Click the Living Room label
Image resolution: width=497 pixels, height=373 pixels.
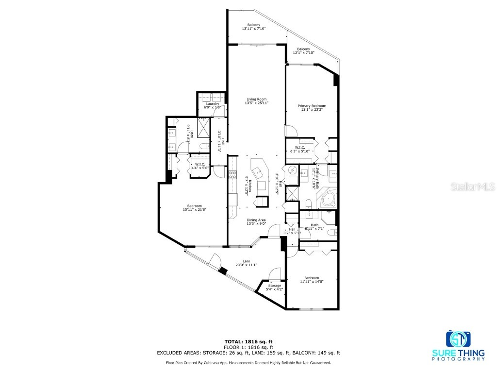coord(256,99)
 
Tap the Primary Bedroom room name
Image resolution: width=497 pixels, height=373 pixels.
coord(312,106)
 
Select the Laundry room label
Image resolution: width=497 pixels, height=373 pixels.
coord(212,103)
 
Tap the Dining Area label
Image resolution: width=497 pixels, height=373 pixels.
coord(256,220)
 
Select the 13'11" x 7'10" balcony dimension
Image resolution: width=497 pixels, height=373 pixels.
coord(253,29)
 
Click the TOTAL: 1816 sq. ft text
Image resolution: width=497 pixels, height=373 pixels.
coord(248,341)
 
